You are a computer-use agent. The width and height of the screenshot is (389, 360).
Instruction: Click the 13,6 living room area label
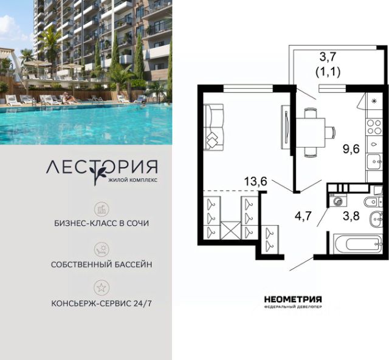[255, 182]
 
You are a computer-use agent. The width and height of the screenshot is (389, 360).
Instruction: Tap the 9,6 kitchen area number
[351, 149]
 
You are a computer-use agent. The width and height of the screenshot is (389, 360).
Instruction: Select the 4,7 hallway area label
[303, 216]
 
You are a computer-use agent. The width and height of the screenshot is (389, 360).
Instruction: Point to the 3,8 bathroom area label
[351, 216]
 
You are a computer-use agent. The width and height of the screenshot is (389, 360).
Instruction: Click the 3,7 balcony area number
[328, 57]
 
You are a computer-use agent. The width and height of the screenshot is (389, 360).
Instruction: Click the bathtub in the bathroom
[357, 244]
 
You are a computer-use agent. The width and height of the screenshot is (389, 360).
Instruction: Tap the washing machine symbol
[337, 201]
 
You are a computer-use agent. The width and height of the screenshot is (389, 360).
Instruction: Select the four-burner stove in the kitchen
[374, 127]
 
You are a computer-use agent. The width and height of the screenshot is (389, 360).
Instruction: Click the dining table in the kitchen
[311, 132]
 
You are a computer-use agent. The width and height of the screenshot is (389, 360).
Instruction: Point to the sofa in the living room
[213, 127]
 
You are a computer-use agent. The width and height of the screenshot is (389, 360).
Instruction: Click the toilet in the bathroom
[372, 202]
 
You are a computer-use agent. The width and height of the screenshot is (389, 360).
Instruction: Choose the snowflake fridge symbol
[374, 101]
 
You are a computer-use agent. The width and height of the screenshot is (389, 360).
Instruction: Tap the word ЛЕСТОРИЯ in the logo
[102, 167]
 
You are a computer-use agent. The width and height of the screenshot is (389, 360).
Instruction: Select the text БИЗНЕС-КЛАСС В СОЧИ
[102, 223]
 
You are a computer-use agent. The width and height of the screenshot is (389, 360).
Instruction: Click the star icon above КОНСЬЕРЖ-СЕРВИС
[102, 288]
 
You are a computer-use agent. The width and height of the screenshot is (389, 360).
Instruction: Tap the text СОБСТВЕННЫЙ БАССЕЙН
[102, 264]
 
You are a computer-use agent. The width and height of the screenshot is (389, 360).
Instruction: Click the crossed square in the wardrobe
[231, 231]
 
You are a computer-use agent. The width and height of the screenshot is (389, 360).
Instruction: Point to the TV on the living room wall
[286, 127]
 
